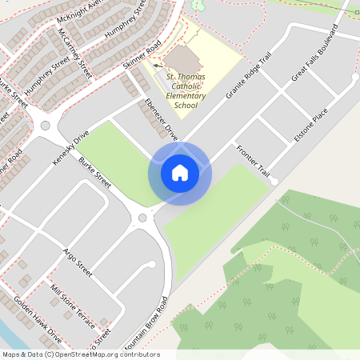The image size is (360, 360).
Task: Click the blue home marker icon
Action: [x=179, y=173]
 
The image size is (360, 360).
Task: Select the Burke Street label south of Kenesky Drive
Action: [x=94, y=170]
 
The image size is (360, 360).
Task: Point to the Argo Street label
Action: [x=77, y=262]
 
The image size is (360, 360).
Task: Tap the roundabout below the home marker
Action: [x=143, y=218]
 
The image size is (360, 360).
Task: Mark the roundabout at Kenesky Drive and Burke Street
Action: [x=46, y=125]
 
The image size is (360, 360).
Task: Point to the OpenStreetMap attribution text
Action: [x=80, y=354]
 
